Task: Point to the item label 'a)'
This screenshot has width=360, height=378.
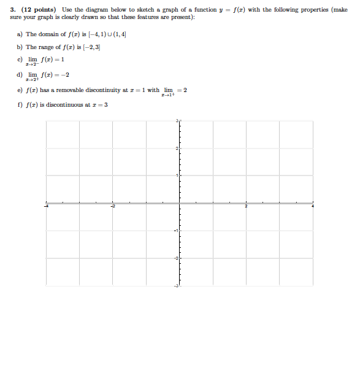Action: (x=20, y=34)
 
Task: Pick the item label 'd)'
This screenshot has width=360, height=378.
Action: (x=20, y=75)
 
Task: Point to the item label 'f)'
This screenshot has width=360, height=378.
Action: (x=20, y=104)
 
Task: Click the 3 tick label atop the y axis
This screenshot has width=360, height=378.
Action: (x=177, y=121)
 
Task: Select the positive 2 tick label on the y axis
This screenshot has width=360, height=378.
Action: (x=177, y=149)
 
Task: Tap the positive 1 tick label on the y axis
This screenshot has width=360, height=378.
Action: (x=177, y=176)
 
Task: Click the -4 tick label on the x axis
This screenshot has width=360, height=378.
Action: (x=45, y=207)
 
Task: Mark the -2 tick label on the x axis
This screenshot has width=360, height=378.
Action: (x=112, y=207)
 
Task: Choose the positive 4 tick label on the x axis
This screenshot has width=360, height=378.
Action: (x=312, y=207)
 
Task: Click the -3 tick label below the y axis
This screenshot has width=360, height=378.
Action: (x=175, y=287)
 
